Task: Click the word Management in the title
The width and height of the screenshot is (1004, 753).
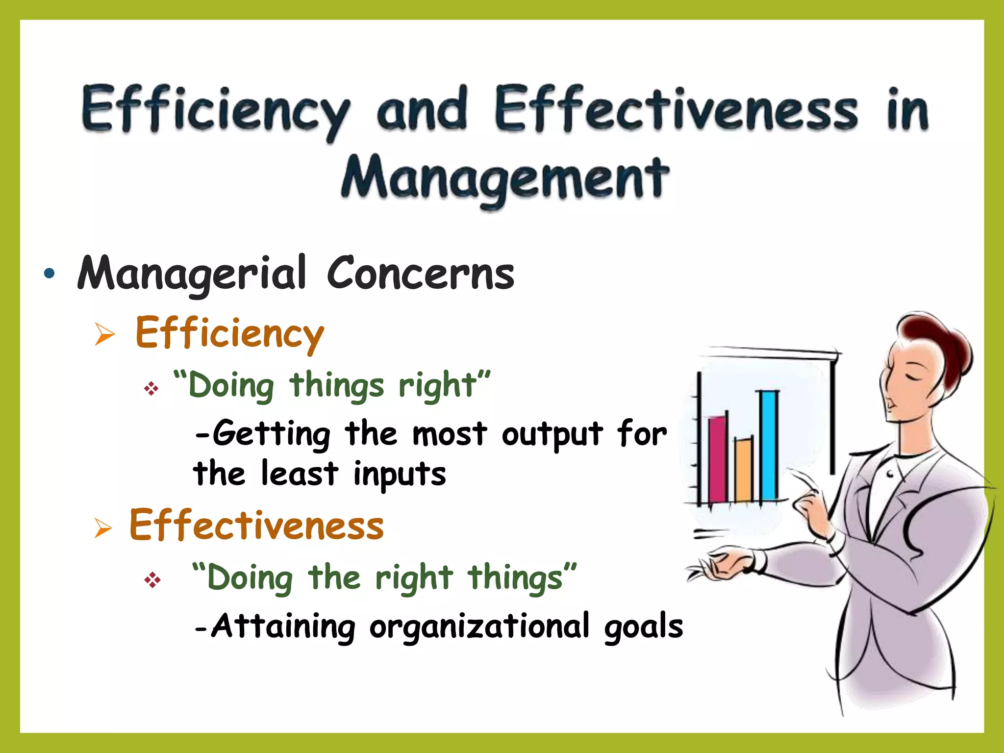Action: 505,177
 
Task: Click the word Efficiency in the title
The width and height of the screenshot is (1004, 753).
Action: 216,110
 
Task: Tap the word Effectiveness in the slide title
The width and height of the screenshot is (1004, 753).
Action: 676,109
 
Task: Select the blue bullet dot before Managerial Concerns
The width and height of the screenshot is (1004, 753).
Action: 49,274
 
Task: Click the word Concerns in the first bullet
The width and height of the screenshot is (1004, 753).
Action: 420,274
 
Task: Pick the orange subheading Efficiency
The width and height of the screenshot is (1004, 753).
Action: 229,333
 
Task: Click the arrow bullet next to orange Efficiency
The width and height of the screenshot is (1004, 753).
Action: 104,335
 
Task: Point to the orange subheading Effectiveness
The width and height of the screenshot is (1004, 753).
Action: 256,526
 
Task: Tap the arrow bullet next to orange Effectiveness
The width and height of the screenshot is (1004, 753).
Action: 103,528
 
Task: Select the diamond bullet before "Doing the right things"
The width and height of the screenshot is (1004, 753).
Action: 152,580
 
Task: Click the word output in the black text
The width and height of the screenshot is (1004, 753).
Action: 552,434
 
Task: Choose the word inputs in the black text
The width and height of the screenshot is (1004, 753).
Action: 400,475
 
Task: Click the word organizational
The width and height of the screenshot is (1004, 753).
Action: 479,627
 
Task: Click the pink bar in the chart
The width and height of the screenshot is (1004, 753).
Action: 717,459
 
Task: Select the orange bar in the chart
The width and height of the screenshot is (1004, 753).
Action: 743,471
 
